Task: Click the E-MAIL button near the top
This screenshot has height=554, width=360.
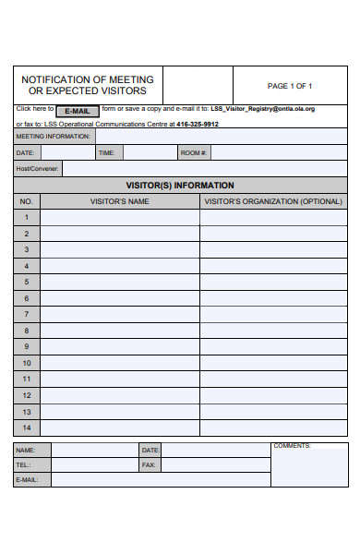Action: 78,111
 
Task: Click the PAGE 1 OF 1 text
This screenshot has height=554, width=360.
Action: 290,86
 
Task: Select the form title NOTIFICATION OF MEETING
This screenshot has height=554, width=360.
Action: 88,79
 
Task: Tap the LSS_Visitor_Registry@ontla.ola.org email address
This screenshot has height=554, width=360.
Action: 262,108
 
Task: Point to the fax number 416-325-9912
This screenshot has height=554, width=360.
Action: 198,123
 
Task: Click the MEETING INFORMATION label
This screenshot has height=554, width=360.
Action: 54,137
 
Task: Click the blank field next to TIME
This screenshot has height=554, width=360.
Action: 149,152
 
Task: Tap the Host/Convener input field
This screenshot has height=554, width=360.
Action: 204,168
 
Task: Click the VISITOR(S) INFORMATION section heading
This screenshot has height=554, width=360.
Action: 180,185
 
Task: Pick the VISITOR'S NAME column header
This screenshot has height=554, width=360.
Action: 119,201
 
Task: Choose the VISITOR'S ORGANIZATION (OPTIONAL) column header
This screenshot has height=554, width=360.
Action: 273,201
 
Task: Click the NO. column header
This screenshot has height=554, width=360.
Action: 27,201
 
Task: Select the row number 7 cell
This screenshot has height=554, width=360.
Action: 27,315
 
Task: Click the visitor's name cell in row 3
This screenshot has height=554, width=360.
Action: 119,249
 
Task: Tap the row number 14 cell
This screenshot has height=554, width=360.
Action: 27,428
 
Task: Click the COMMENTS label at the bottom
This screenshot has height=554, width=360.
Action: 292,446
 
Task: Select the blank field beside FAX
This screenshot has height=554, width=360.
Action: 216,465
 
